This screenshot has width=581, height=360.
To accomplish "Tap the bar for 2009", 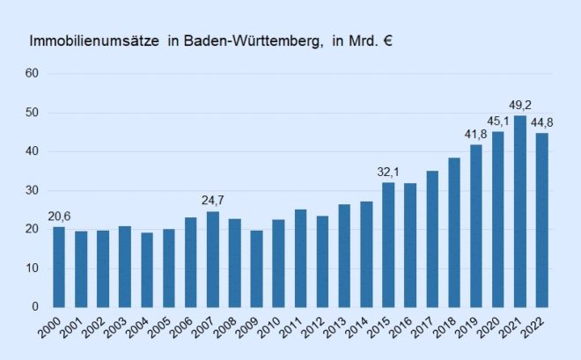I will pyautogui.click(x=256, y=268).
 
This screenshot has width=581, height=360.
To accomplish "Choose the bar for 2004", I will pyautogui.click(x=147, y=269).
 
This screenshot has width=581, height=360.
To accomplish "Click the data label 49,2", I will pyautogui.click(x=520, y=104).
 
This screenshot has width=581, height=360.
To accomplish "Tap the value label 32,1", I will pyautogui.click(x=388, y=172).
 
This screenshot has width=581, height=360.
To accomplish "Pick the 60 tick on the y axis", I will pyautogui.click(x=32, y=73).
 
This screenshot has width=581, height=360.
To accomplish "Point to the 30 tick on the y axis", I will pyautogui.click(x=32, y=190).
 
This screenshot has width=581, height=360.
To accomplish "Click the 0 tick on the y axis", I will pyautogui.click(x=35, y=307).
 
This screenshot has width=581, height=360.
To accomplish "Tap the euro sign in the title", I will pyautogui.click(x=387, y=41).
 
